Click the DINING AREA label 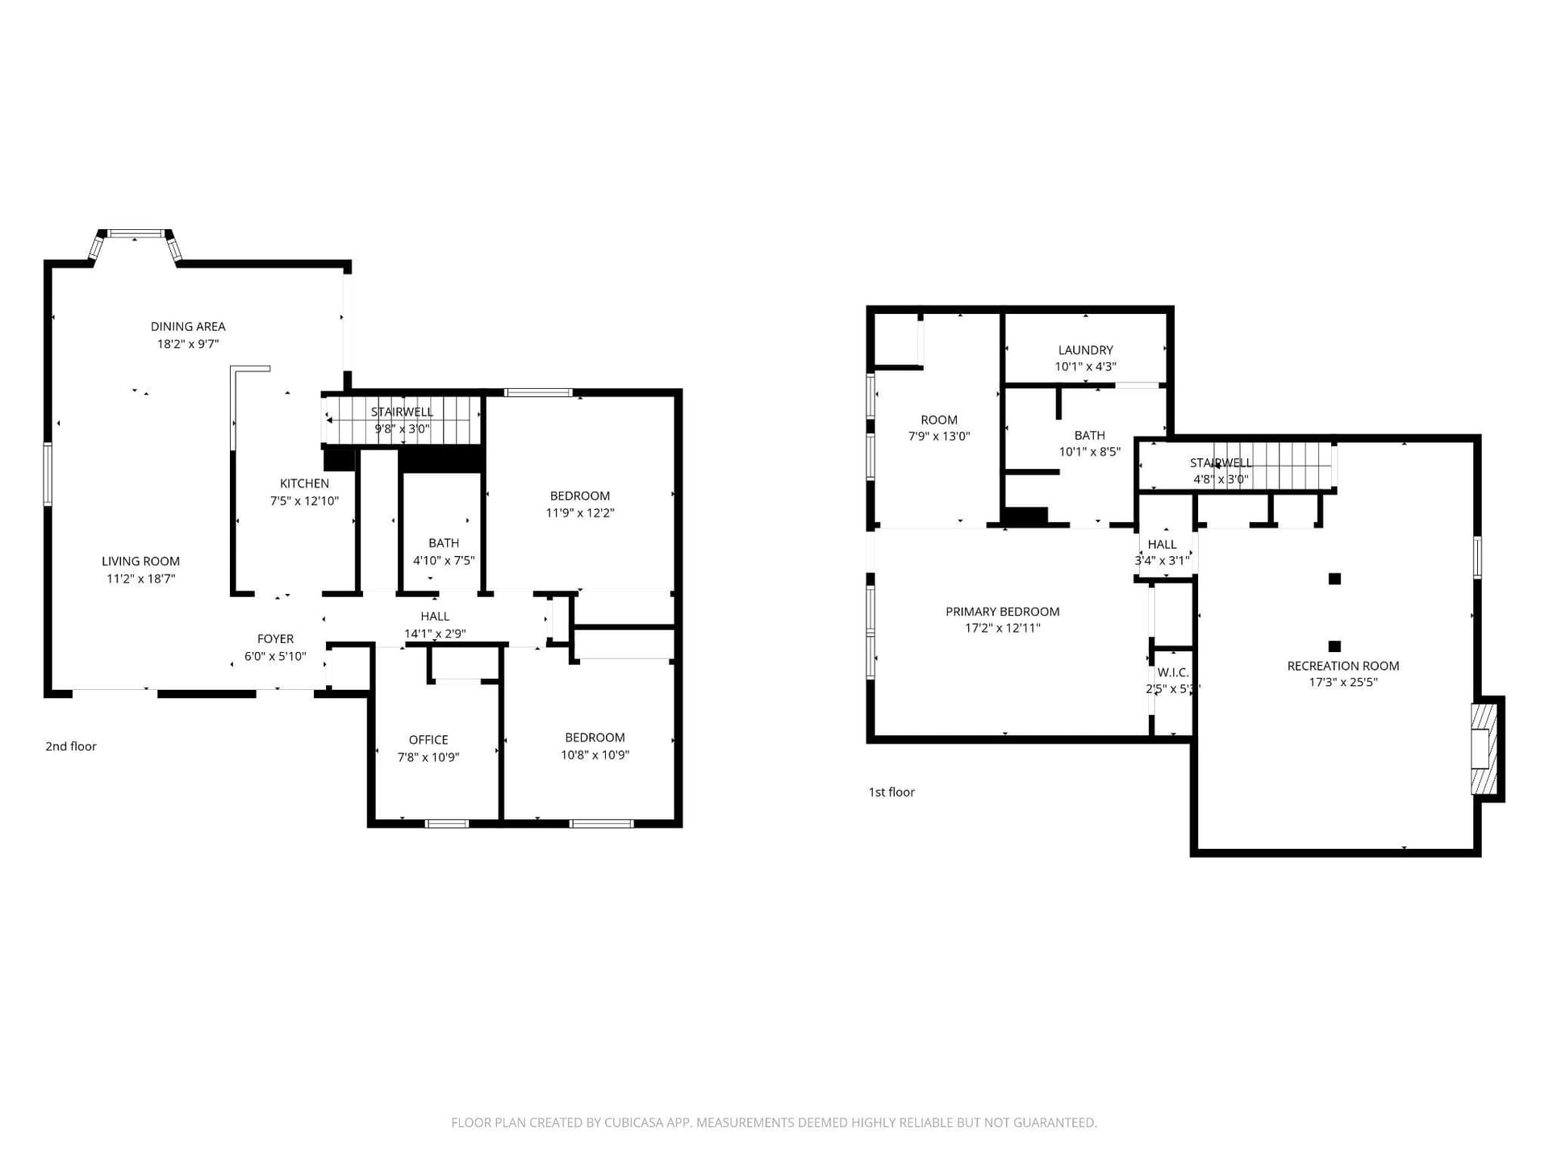(188, 327)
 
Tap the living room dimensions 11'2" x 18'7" (141, 579)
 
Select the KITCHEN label (304, 483)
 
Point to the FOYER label (275, 639)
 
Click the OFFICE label (428, 740)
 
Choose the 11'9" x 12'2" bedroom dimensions (580, 513)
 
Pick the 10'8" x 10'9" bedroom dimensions (595, 755)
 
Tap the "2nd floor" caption (71, 746)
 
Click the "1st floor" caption (891, 792)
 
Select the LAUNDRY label (1086, 350)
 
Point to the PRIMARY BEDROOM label (1003, 612)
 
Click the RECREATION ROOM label (1343, 666)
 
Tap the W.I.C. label (1173, 672)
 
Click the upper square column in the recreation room (1335, 579)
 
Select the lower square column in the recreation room (1335, 646)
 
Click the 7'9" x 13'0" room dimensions (939, 437)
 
